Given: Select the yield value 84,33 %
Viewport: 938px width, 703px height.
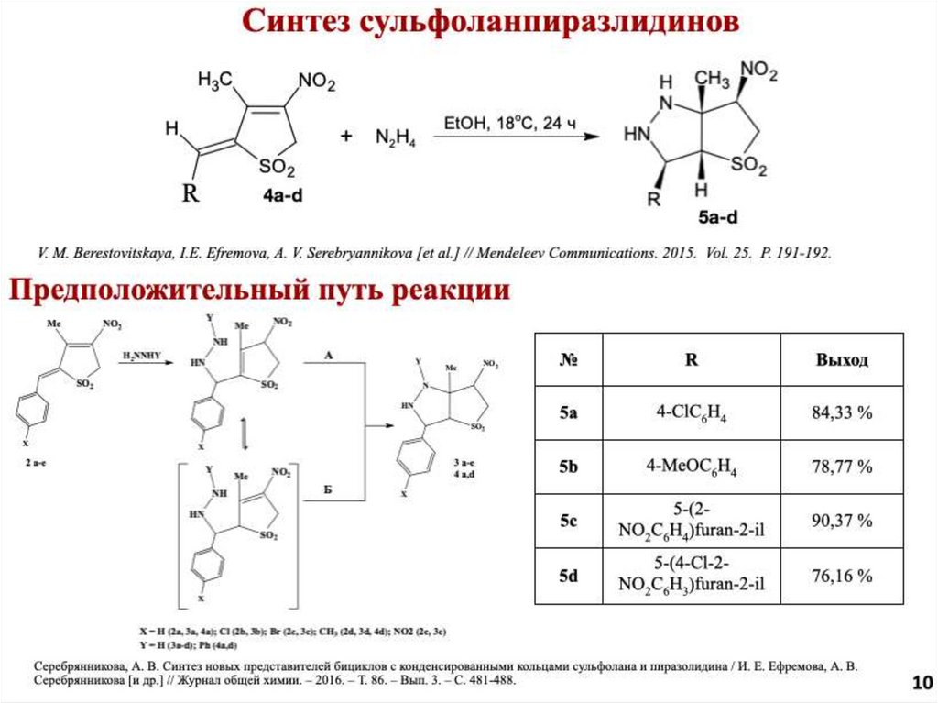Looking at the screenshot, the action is point(842,412).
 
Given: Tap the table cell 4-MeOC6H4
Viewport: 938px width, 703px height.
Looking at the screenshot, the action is point(692,467).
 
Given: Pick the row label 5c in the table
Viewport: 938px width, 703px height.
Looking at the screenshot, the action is point(569,522).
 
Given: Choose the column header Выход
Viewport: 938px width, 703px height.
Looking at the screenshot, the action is point(842,359).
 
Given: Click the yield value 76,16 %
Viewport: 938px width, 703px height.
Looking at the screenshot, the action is point(842,576).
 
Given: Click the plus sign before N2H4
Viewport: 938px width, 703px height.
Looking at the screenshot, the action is point(346,137).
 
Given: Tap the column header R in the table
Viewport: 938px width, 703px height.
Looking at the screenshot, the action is point(692,359).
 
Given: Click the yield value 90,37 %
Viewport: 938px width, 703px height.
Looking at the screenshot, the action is point(842,522).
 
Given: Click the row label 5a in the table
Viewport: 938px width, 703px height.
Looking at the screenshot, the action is point(569,412).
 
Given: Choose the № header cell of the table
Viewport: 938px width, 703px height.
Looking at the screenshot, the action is point(569,359).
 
